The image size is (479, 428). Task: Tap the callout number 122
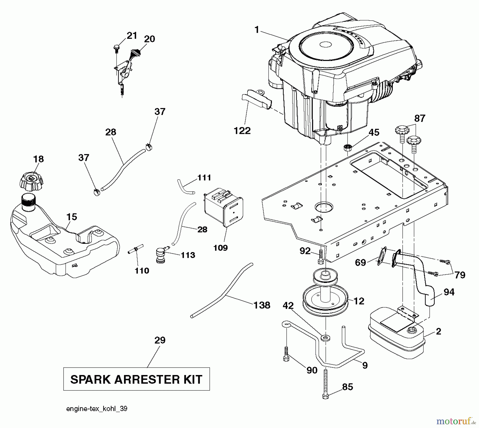pos(242,131)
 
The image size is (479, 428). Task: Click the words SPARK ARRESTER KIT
pos(136,379)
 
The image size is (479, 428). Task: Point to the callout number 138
pos(262,305)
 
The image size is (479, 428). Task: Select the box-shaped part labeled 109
pos(223,208)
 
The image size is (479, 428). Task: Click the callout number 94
pos(449,292)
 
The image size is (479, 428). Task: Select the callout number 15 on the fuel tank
pos(72,217)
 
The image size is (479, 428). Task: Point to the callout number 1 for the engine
pos(257,30)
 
